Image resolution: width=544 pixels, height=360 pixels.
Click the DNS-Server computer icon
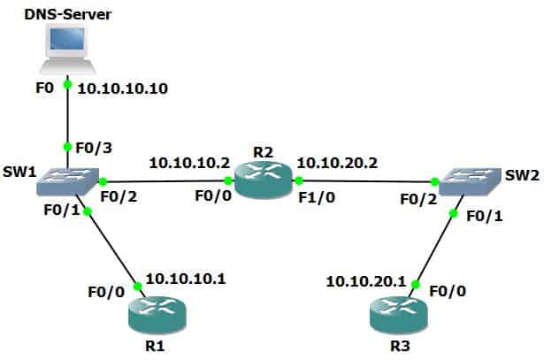pyautogui.click(x=67, y=49)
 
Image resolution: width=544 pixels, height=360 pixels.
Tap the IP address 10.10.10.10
pyautogui.click(x=123, y=89)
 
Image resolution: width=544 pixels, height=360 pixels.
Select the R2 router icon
pyautogui.click(x=263, y=181)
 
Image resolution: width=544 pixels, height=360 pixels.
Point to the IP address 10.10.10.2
pyautogui.click(x=189, y=163)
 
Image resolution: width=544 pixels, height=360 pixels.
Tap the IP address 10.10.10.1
pyautogui.click(x=186, y=279)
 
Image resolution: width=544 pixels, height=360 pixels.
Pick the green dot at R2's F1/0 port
pyautogui.click(x=298, y=182)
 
